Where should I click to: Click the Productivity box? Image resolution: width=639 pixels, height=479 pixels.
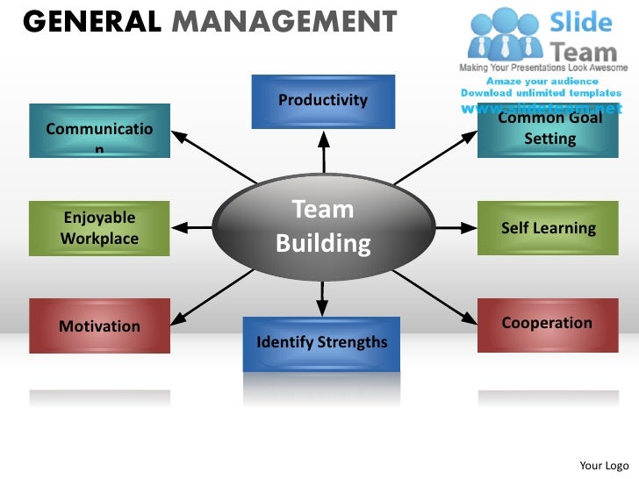coord(323,101)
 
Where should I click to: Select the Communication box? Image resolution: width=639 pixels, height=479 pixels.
coord(99,131)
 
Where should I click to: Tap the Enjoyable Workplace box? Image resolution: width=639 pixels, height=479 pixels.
coord(99,228)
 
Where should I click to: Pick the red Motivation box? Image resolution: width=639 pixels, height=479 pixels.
coord(99,325)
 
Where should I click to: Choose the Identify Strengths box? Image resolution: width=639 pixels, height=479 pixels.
coord(321,342)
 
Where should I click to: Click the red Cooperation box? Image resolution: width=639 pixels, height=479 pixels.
coord(546,324)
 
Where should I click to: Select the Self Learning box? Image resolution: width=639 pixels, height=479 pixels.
coord(548,228)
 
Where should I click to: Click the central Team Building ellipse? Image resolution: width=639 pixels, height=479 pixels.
coord(324,225)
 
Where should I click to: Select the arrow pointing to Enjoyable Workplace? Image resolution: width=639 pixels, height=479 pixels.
coord(194,228)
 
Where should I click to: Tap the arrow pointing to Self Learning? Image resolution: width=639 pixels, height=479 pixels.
coord(455,228)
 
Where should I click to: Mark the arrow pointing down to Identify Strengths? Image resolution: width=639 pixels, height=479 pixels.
coord(322,298)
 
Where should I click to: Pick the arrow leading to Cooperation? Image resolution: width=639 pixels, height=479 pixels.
coord(434,294)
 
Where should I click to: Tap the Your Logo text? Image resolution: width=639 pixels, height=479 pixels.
coord(605,465)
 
